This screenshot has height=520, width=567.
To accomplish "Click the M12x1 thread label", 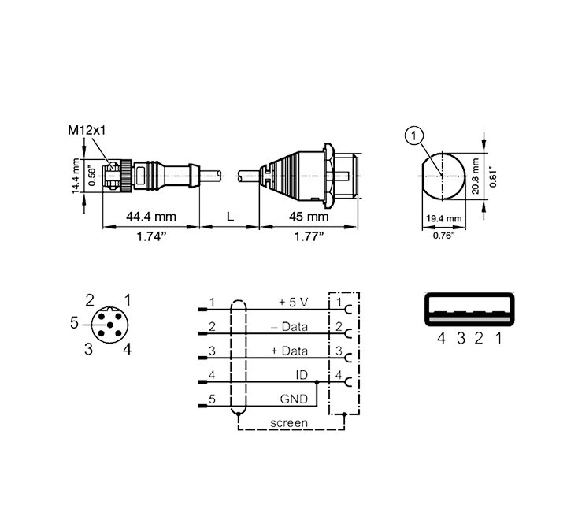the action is (x=87, y=130).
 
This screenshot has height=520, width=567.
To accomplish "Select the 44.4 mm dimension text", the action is (x=151, y=217).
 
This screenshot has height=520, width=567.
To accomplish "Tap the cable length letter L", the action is (x=230, y=217).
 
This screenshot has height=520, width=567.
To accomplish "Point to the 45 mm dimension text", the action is (x=309, y=217).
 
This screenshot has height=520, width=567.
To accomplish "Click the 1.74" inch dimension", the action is (x=151, y=236).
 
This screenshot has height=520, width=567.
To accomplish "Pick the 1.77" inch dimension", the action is (x=309, y=236).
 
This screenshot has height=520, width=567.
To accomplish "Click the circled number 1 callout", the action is (x=414, y=136).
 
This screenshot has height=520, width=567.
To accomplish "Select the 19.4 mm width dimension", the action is (x=443, y=218).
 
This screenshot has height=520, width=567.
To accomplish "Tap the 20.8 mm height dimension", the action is (x=475, y=176).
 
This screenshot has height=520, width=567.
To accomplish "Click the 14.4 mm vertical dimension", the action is (x=75, y=176).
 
